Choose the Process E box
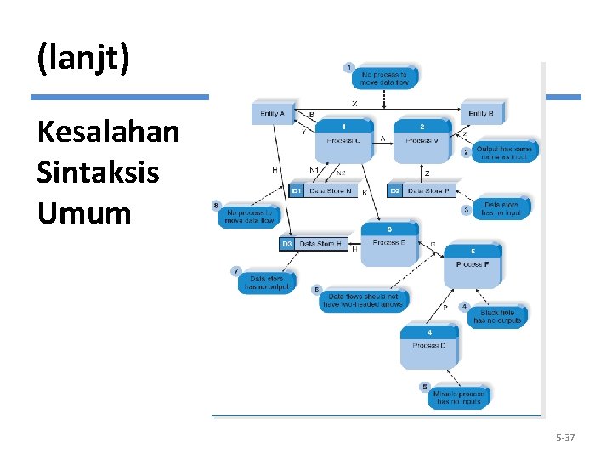tap(389, 244)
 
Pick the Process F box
tap(473, 265)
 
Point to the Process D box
tap(429, 347)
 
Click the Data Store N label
tap(330, 190)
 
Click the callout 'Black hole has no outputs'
tap(497, 316)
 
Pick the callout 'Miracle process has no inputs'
tap(458, 396)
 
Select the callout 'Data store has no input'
tap(501, 208)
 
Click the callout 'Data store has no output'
tap(267, 282)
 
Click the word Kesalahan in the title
tap(108, 133)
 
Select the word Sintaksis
tap(98, 173)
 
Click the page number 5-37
tap(565, 438)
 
